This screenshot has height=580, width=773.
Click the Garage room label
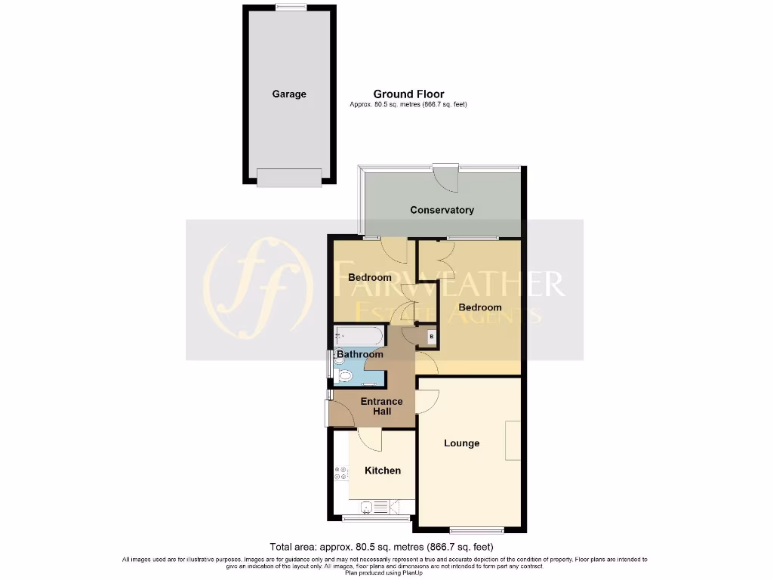coord(289,94)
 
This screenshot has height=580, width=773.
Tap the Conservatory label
coord(442,210)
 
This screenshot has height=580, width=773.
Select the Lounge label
coord(461,443)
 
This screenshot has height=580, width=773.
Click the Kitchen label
coord(383,470)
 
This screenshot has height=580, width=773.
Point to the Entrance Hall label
coord(381,406)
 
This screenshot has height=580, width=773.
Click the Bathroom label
coord(360,354)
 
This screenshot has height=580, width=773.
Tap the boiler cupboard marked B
coord(431,337)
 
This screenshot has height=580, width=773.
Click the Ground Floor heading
coord(408,94)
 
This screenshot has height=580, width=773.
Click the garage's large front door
coord(289,177)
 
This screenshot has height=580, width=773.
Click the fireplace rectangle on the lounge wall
coord(513,440)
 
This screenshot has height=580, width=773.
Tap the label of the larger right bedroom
coord(479,307)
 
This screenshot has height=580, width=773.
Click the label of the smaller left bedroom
coord(370,278)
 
